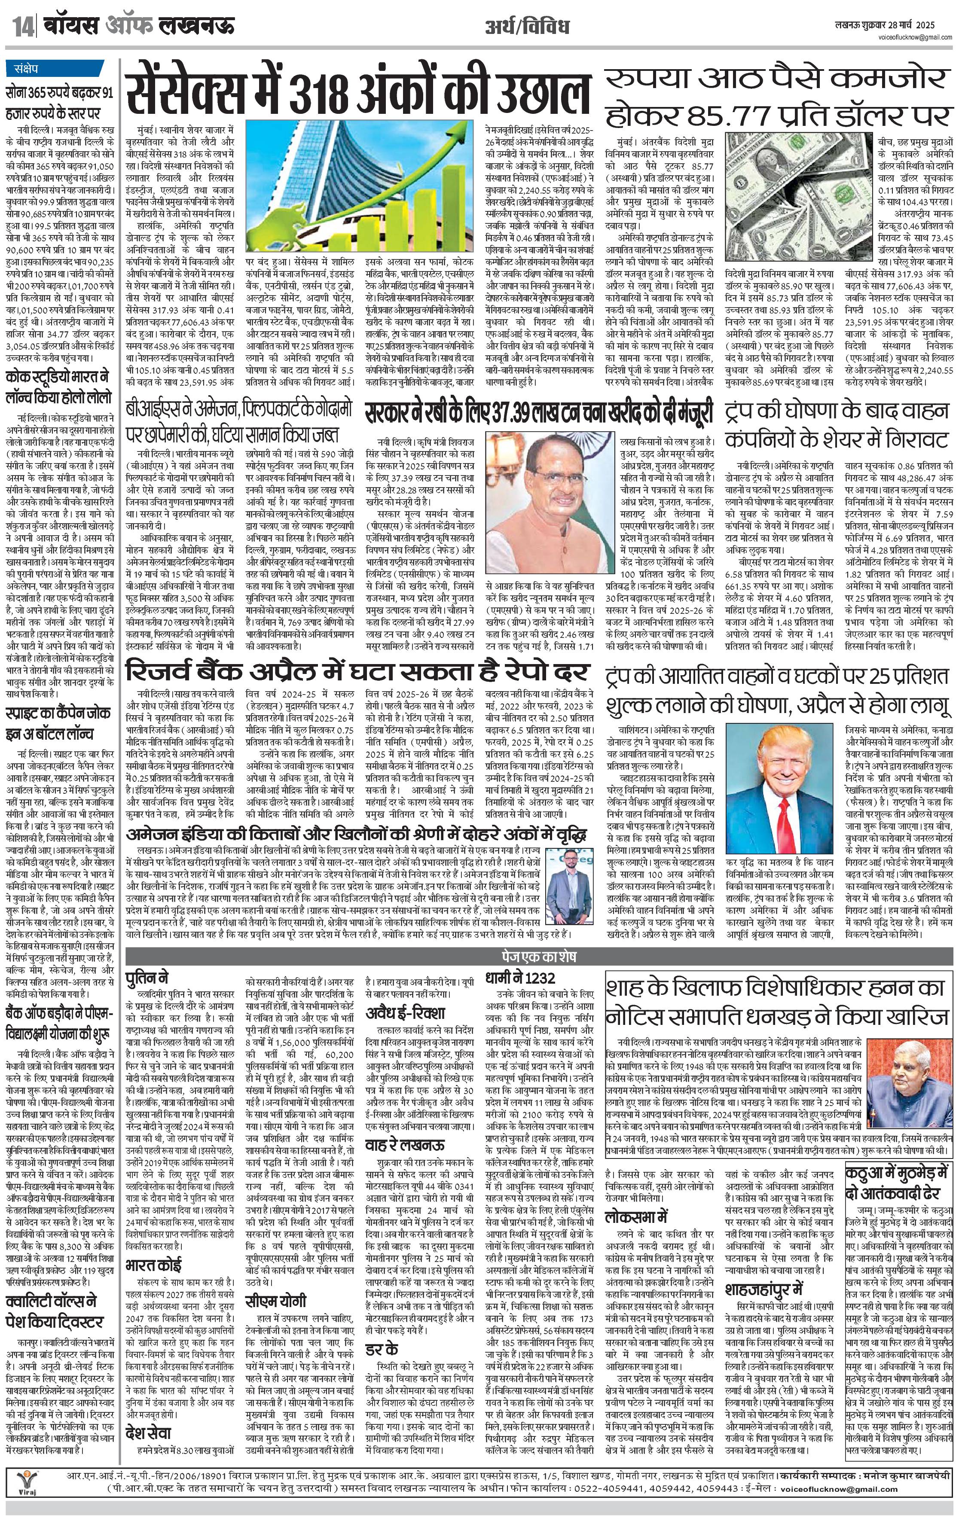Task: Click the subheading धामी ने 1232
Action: coord(521,978)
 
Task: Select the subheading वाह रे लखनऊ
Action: coord(406,1145)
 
